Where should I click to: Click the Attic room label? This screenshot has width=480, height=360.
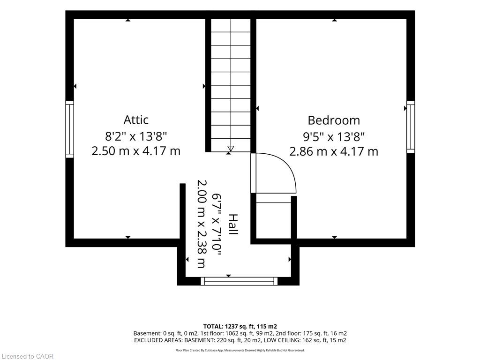136,120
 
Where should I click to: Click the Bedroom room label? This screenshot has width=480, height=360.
334,120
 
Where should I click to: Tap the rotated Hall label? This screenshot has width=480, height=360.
233,225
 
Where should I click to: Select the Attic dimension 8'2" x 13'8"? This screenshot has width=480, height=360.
136,136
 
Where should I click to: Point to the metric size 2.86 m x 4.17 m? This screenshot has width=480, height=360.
334,151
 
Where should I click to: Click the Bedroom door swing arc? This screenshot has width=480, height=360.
288,167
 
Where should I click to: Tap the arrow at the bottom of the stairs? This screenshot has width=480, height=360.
231,149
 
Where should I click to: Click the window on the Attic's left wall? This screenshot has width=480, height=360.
70,129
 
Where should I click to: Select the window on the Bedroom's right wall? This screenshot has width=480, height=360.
411,127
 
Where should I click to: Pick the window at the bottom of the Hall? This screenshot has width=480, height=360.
239,281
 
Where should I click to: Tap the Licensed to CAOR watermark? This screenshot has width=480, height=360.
28,356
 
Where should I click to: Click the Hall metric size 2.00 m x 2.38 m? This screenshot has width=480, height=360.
202,224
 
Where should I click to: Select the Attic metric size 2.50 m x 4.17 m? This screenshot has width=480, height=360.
136,151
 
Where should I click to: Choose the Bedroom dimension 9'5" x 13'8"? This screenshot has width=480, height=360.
334,136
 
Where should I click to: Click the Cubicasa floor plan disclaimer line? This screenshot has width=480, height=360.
240,350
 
